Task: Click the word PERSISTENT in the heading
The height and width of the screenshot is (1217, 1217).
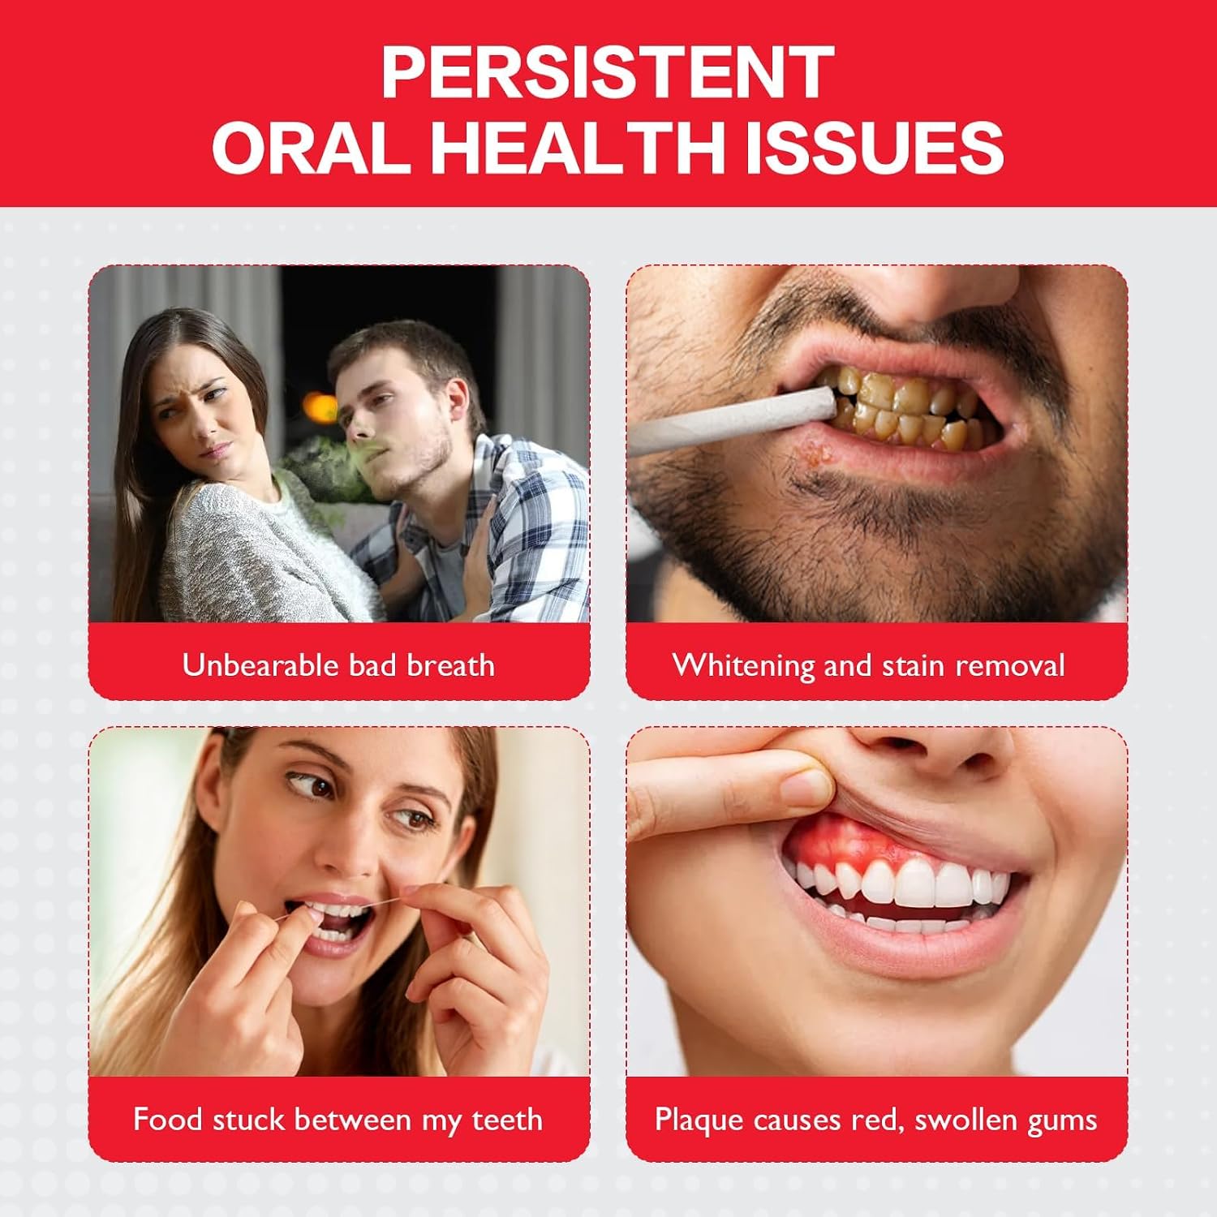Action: point(608,72)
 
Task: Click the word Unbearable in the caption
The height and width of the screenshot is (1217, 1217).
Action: point(251,665)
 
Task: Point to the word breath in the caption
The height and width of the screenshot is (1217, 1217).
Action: point(450,665)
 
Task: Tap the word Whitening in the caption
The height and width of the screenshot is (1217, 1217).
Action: point(743,666)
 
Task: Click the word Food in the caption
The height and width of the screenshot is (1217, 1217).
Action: point(162,1120)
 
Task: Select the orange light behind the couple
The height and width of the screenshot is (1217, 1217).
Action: point(317,404)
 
